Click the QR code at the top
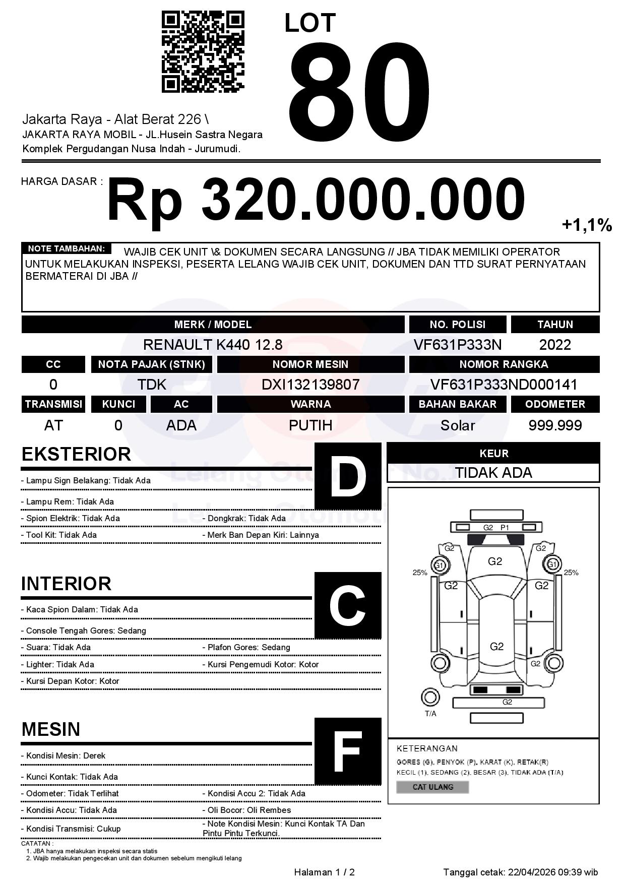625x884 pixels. (203, 52)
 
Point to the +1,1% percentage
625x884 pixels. (587, 225)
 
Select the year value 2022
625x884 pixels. (555, 345)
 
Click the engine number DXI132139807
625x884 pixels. (310, 385)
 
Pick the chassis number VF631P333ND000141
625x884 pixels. (504, 385)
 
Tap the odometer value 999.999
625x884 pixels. (555, 425)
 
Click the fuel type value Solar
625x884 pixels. (457, 425)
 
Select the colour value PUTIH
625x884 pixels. (310, 425)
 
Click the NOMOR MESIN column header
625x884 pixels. (310, 364)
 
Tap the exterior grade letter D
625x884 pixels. (348, 476)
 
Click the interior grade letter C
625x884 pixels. (348, 605)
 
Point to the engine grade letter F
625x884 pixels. (348, 751)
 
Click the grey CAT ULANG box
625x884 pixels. (432, 787)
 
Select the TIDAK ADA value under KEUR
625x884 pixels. (493, 473)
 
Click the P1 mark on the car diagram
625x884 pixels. (505, 528)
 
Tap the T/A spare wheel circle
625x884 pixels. (430, 698)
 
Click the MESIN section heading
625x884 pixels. (51, 729)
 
